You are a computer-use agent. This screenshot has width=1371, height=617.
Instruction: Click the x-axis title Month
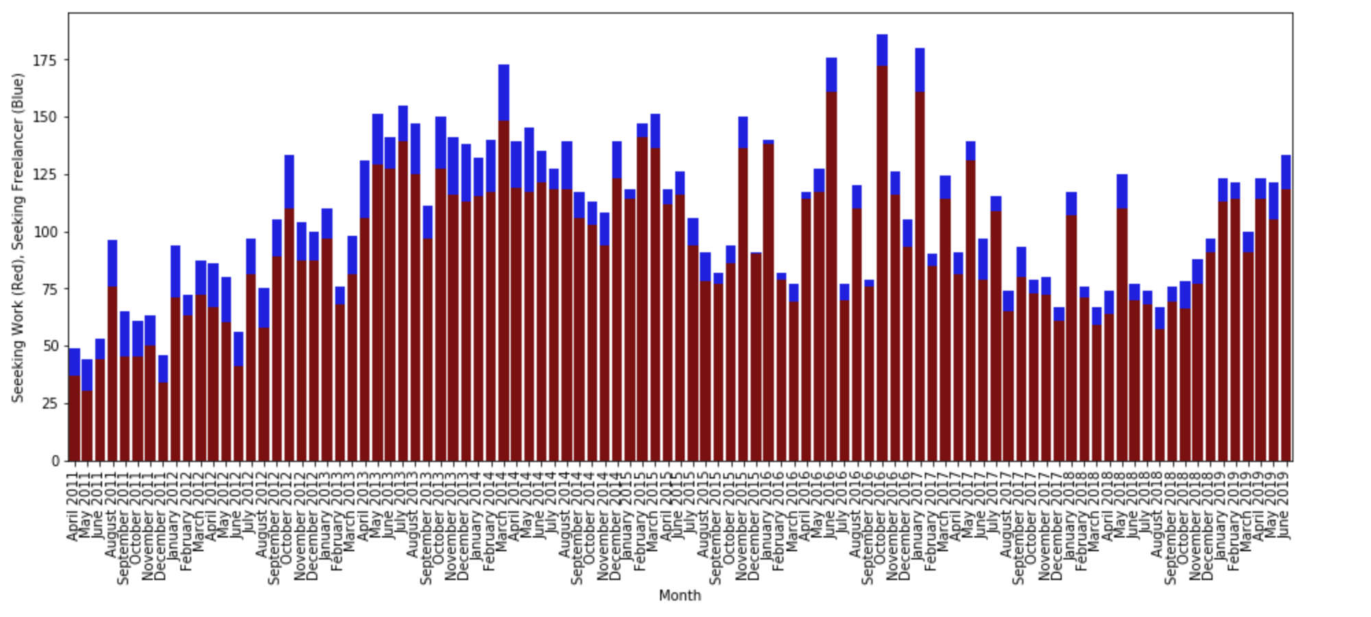pos(679,595)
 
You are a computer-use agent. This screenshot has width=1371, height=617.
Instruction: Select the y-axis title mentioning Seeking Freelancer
pos(18,237)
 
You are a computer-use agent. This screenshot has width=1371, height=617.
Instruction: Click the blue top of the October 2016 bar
pos(882,50)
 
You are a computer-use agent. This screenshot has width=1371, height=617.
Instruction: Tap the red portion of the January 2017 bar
pos(920,274)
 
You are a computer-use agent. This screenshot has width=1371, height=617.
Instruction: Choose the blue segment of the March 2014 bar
pos(504,93)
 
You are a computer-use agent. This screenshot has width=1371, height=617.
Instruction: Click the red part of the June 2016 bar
pos(832,274)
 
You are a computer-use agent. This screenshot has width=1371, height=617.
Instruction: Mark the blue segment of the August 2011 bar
pos(112,263)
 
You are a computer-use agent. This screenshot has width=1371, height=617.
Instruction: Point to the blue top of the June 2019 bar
pos(1286,172)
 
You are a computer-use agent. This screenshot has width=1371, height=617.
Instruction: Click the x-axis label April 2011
pos(73,506)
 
